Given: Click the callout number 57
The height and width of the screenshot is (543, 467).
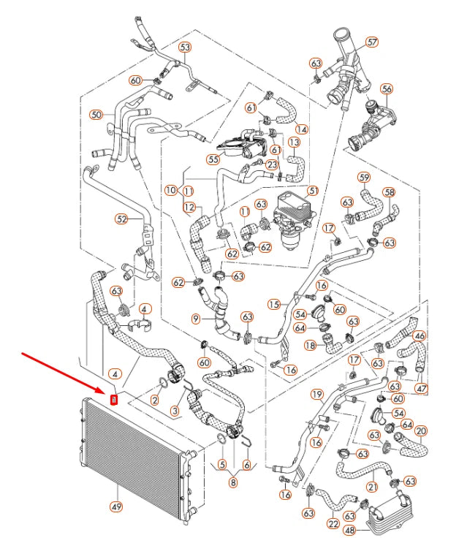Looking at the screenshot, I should point(372,42).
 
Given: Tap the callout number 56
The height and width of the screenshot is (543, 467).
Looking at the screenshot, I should point(387,89).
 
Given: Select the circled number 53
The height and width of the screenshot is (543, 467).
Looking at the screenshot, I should point(185,48).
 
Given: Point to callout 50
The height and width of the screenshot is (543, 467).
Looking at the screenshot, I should point(96,114).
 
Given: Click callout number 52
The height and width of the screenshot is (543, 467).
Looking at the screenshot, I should point(121,218).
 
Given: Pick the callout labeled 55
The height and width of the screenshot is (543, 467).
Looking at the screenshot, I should point(213,159).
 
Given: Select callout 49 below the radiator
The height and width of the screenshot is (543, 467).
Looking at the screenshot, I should point(115,506).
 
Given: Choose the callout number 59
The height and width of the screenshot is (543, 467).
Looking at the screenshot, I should point(364,177).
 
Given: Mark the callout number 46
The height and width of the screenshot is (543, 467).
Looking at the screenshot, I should point(419,336).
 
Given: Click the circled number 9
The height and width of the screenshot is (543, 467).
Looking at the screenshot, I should point(196,319).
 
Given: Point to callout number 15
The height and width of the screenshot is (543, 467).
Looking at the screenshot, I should point(274,303).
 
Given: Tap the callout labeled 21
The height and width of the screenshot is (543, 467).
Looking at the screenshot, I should point(371,487).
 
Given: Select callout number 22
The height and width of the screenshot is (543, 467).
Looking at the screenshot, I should point(333,523).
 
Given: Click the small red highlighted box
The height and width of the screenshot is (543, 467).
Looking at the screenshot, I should point(113,399).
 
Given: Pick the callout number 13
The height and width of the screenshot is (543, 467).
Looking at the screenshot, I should point(295,142).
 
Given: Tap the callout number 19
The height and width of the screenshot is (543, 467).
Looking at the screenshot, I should point(316,395).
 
